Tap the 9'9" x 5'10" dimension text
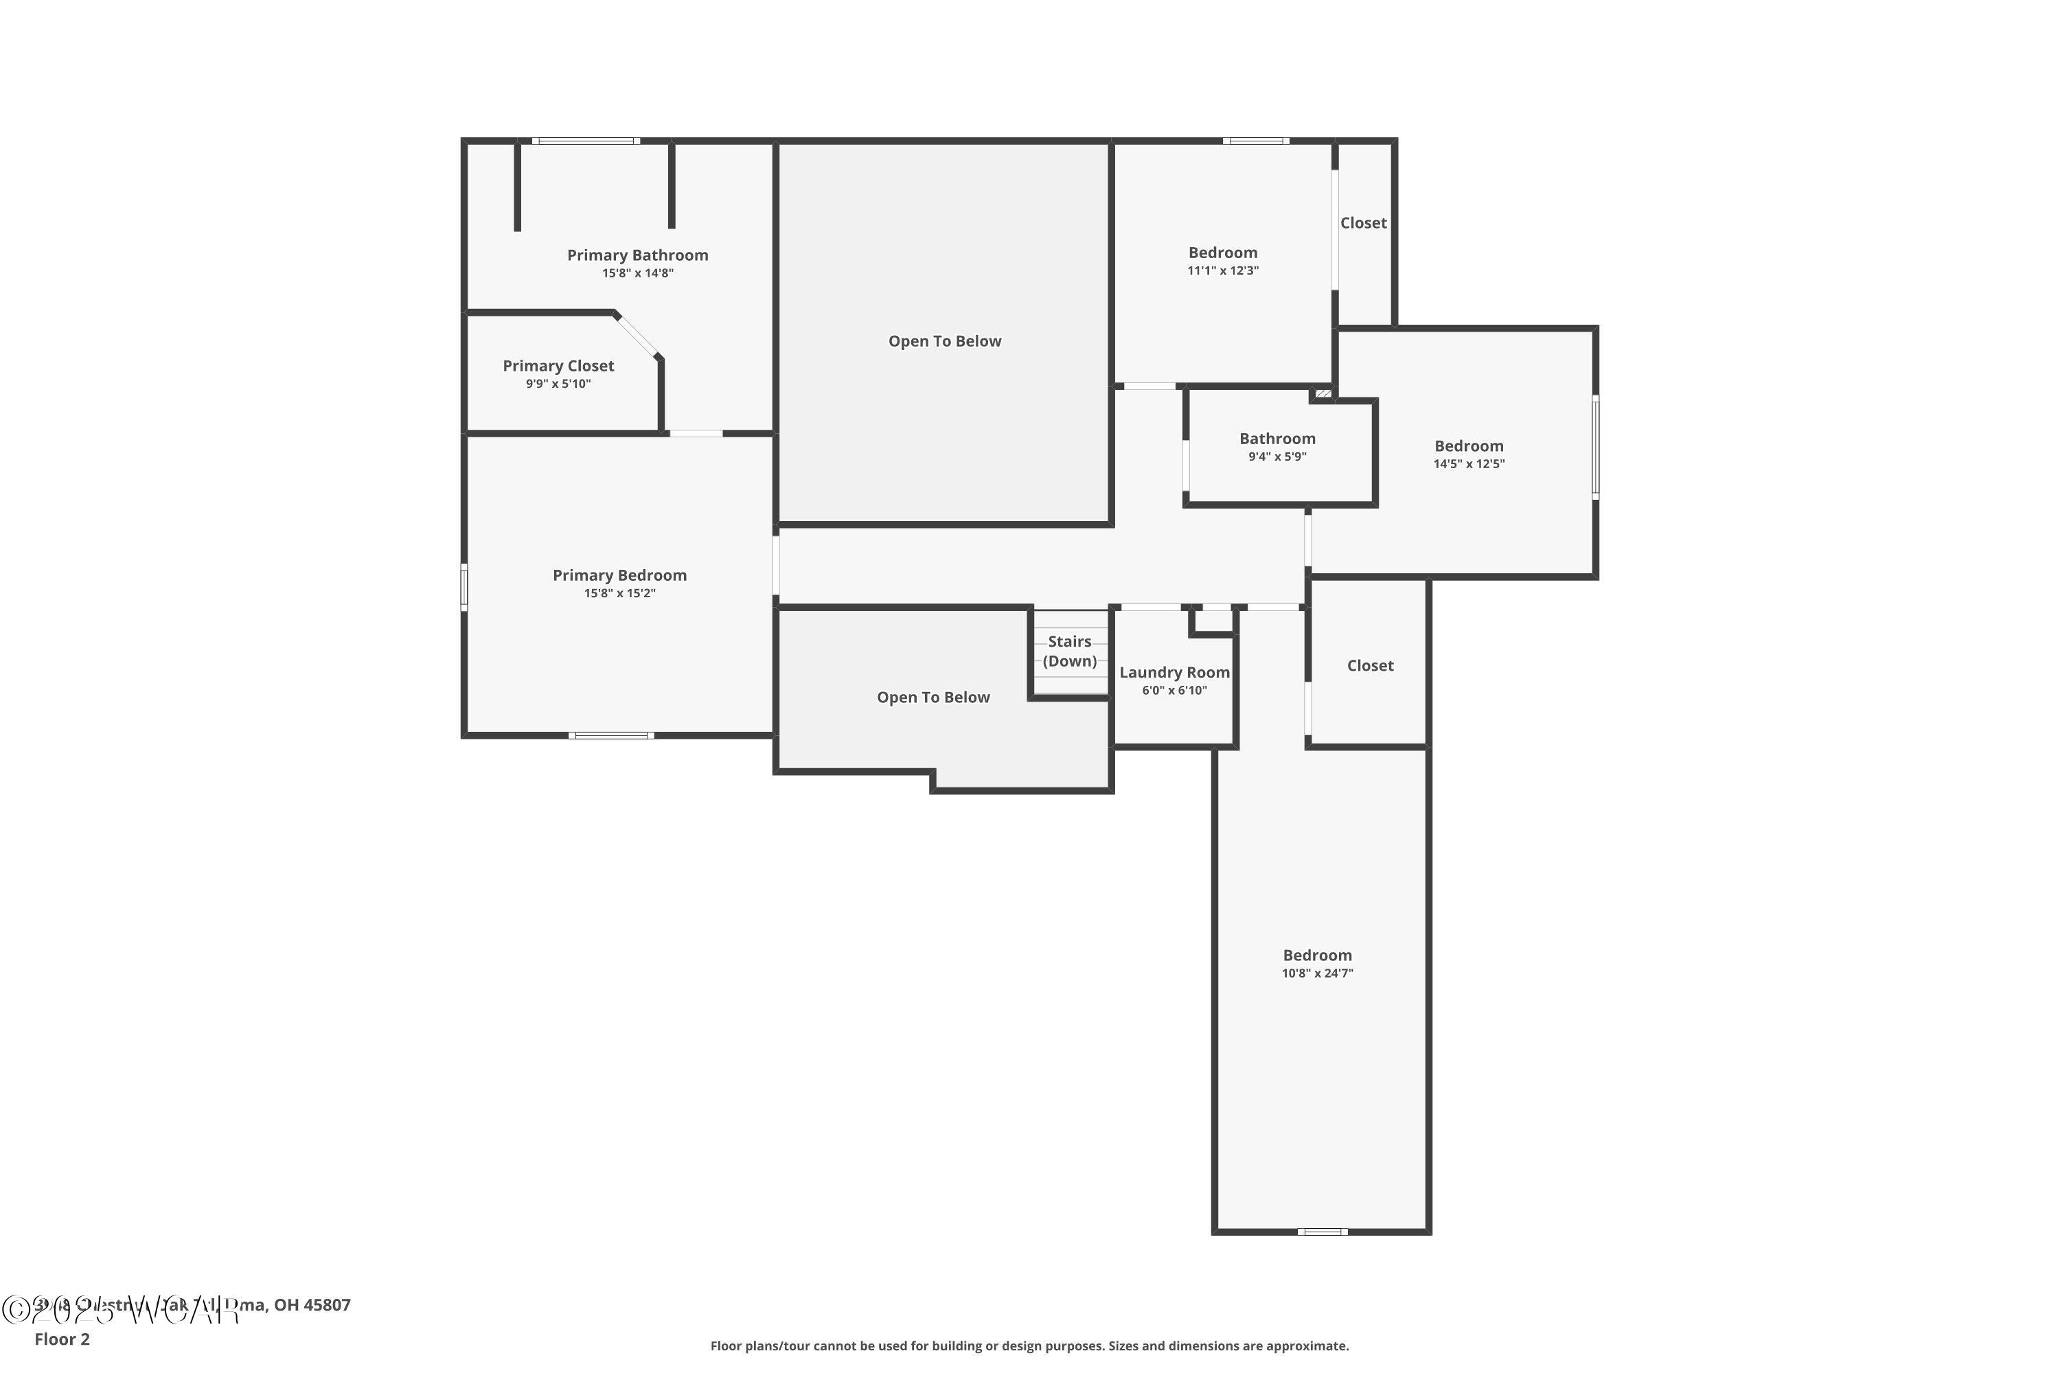(x=558, y=384)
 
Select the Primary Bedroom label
(x=619, y=575)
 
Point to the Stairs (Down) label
(x=1069, y=651)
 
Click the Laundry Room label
(x=1174, y=673)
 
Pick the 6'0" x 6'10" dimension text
(x=1174, y=691)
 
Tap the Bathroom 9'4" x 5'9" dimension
(x=1277, y=457)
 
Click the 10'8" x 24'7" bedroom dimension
(x=1317, y=973)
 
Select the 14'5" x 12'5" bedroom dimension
(x=1469, y=464)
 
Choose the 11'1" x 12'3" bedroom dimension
(x=1223, y=270)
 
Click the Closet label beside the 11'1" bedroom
(x=1363, y=223)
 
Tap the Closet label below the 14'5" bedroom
(x=1370, y=665)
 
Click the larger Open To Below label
(x=944, y=341)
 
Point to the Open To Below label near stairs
(x=932, y=697)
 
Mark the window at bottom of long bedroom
(x=1322, y=1231)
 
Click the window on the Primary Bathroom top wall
(x=586, y=141)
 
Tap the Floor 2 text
(x=62, y=1339)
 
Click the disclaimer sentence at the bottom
(x=1029, y=1346)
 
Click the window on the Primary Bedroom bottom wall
(x=610, y=735)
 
